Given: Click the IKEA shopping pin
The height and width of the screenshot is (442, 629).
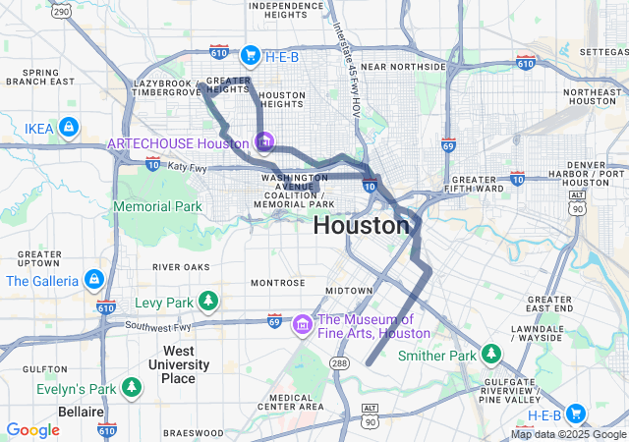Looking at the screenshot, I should point(68,127).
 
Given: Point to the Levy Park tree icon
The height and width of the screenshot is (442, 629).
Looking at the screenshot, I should point(207,299).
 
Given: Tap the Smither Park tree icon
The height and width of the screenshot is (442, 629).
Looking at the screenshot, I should point(490,353).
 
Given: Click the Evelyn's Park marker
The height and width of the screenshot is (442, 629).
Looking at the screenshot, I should point(132,388).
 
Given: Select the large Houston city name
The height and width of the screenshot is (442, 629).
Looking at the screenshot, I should point(361,225).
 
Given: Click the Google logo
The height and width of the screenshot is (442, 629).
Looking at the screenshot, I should point(32,430).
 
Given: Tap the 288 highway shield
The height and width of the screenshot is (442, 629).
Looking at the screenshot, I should point(340,363).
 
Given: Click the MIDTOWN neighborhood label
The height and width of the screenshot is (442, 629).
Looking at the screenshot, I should point(349,291).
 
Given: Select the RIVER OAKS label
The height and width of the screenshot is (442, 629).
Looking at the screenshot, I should point(181,266).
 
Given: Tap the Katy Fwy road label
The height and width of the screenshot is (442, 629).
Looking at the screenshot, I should point(187,168).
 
